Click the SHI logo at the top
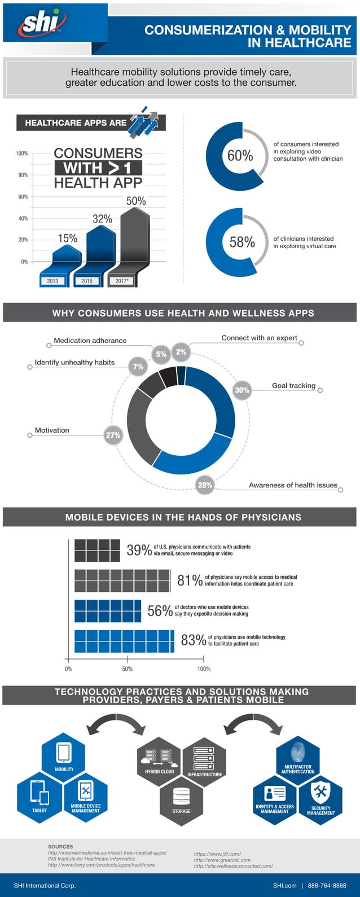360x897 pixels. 43,24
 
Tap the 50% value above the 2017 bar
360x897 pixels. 135,201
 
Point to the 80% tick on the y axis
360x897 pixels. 23,175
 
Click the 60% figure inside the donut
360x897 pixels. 240,156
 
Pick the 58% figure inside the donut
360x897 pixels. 242,242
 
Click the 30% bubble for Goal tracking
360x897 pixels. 242,390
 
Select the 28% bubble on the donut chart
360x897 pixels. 205,485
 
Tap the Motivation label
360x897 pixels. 52,430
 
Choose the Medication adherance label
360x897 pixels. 90,341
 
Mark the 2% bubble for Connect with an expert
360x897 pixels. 181,352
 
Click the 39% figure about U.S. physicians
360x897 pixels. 139,550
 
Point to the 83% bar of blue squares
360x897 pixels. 124,641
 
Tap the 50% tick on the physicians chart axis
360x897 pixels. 127,669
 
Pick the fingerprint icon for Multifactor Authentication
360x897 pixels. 298,752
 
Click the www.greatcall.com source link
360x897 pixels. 222,860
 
